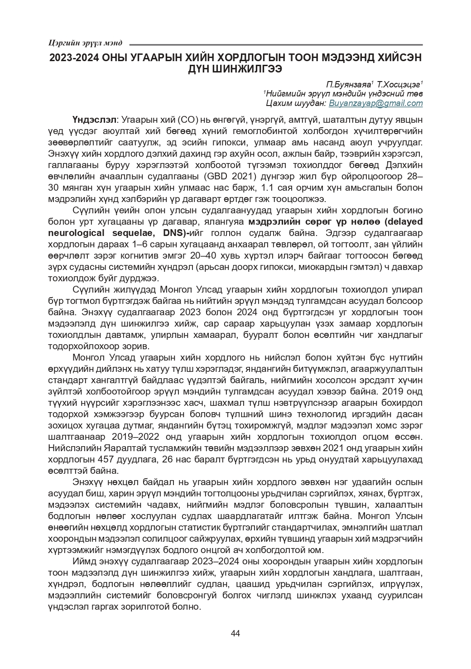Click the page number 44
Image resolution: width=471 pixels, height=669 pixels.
[x=235, y=633]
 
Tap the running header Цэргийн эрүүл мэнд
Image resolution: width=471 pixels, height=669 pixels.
[x=85, y=43]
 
